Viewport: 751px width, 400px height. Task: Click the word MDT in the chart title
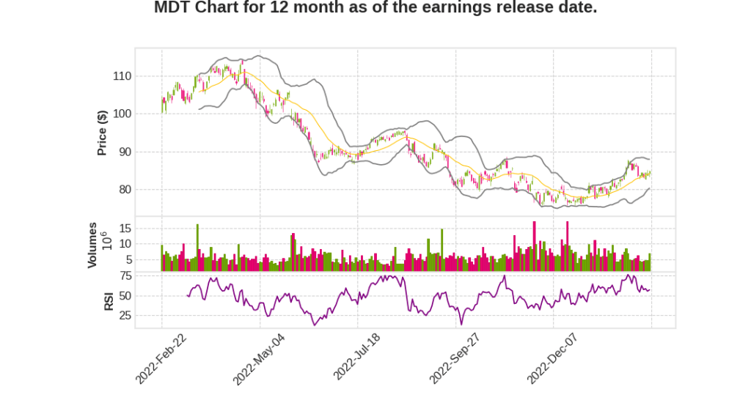[174, 8]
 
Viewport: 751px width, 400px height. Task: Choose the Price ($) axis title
[103, 133]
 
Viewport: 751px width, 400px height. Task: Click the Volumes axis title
[92, 245]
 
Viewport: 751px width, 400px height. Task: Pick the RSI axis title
[109, 300]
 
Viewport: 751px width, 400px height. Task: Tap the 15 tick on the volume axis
[125, 228]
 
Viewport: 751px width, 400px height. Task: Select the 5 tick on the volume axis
[128, 259]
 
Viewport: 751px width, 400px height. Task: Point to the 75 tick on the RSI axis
[125, 276]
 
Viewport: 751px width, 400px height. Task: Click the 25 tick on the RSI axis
[125, 316]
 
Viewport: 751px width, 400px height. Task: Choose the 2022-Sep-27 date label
[455, 358]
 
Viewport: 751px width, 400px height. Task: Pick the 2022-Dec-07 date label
[552, 358]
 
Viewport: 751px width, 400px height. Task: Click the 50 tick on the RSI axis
[125, 296]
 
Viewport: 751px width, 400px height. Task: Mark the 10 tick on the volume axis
[125, 244]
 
